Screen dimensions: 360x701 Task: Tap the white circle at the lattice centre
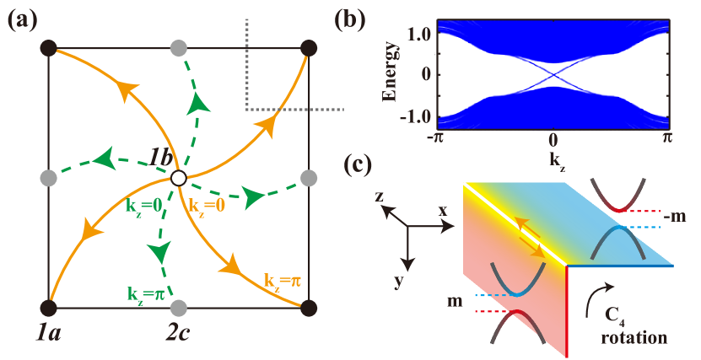point(178,178)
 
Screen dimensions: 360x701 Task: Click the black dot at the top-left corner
point(48,47)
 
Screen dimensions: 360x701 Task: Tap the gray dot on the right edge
point(309,178)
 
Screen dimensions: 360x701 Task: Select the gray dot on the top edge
point(178,47)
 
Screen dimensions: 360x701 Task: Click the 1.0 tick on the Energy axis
point(419,34)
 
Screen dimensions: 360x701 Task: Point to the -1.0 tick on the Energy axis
point(416,115)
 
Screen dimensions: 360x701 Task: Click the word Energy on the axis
point(391,72)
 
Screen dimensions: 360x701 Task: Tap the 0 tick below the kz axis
point(553,140)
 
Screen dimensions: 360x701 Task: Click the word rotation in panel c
point(634,338)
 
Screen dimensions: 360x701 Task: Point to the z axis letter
point(380,196)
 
